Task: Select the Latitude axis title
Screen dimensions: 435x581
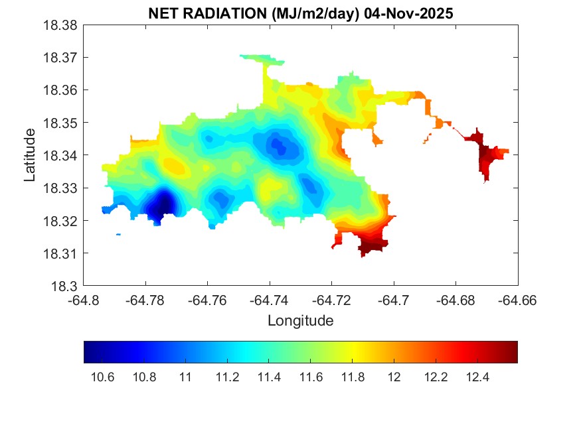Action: click(29, 155)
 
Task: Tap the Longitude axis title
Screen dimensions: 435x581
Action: click(300, 321)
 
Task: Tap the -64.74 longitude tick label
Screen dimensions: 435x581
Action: click(270, 300)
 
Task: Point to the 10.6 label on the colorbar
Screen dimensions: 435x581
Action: click(102, 377)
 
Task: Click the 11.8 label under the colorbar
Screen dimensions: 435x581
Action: click(353, 377)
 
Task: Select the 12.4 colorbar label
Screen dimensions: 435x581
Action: click(478, 377)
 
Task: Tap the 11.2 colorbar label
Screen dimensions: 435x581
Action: click(227, 377)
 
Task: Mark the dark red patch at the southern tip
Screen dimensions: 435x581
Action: click(372, 247)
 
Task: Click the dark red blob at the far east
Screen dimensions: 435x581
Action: click(490, 156)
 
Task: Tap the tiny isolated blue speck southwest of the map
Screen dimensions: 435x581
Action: click(118, 234)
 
